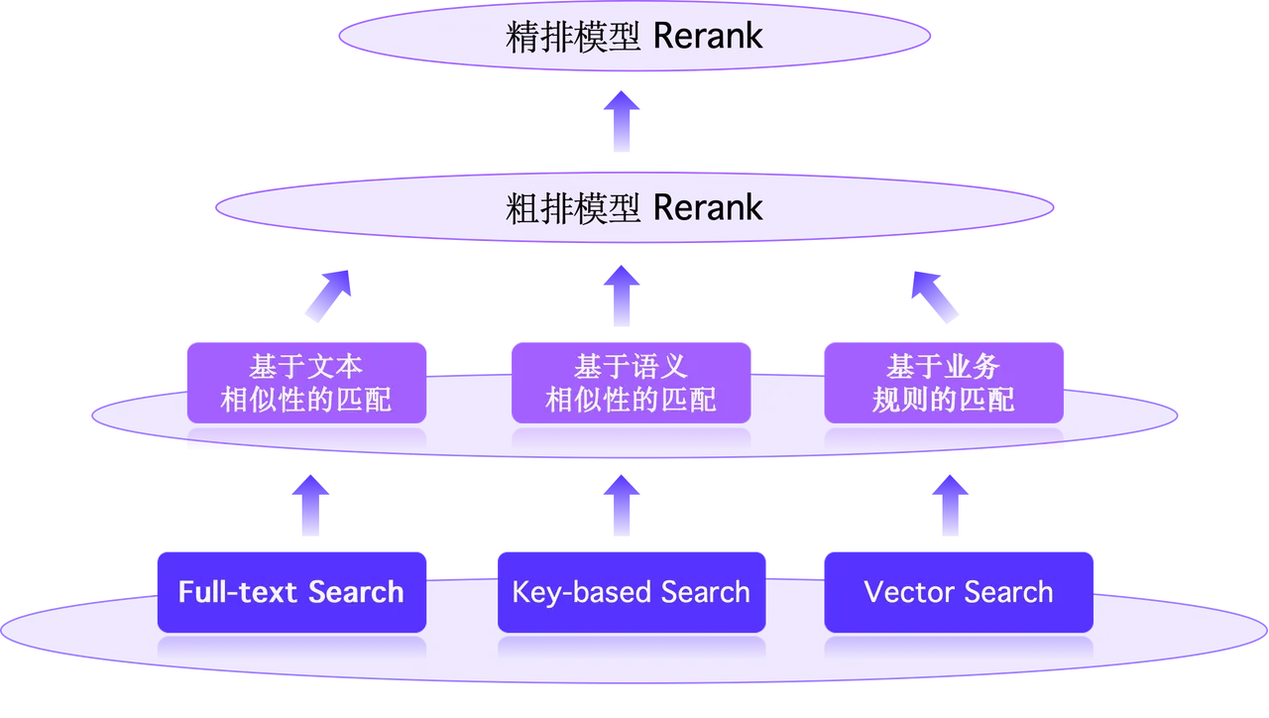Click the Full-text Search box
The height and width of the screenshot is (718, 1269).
(291, 592)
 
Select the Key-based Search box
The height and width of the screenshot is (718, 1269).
(632, 592)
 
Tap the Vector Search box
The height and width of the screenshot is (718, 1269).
(959, 592)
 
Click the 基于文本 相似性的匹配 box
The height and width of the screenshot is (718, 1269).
(306, 383)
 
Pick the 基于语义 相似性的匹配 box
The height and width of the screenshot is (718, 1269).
(631, 383)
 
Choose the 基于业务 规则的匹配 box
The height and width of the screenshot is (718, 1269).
(944, 383)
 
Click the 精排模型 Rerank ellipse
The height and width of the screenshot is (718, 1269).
(634, 37)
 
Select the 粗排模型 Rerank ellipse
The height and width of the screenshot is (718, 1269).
(634, 208)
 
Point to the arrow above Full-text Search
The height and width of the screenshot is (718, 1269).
(310, 505)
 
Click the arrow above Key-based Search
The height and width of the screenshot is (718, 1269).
(623, 505)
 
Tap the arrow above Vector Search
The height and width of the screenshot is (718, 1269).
(951, 505)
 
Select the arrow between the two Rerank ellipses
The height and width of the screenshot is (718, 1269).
(623, 121)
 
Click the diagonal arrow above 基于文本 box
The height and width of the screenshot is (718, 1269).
(329, 294)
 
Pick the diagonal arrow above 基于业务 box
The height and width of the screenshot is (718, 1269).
(932, 294)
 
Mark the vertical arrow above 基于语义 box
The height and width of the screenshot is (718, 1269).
(623, 296)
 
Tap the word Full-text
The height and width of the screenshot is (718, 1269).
(239, 592)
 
